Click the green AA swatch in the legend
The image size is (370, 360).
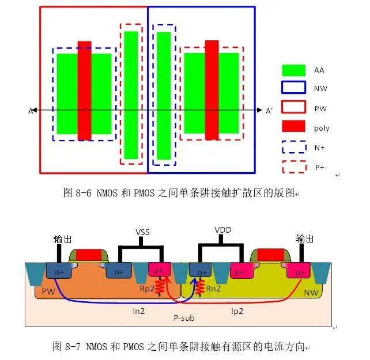tap(293, 70)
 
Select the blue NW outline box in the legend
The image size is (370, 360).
tap(293, 88)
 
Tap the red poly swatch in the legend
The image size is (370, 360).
tap(293, 127)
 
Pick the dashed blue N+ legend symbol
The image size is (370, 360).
tap(293, 147)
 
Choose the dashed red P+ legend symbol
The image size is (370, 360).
tap(293, 166)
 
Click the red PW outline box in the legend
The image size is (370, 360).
tap(293, 108)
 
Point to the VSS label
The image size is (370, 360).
tap(142, 232)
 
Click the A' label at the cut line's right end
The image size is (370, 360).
tap(269, 111)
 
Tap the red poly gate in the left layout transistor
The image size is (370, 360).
tap(84, 90)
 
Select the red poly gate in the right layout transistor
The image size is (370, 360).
tap(212, 90)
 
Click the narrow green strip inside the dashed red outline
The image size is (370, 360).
tap(131, 95)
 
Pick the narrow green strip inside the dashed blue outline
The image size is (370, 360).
tap(164, 95)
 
